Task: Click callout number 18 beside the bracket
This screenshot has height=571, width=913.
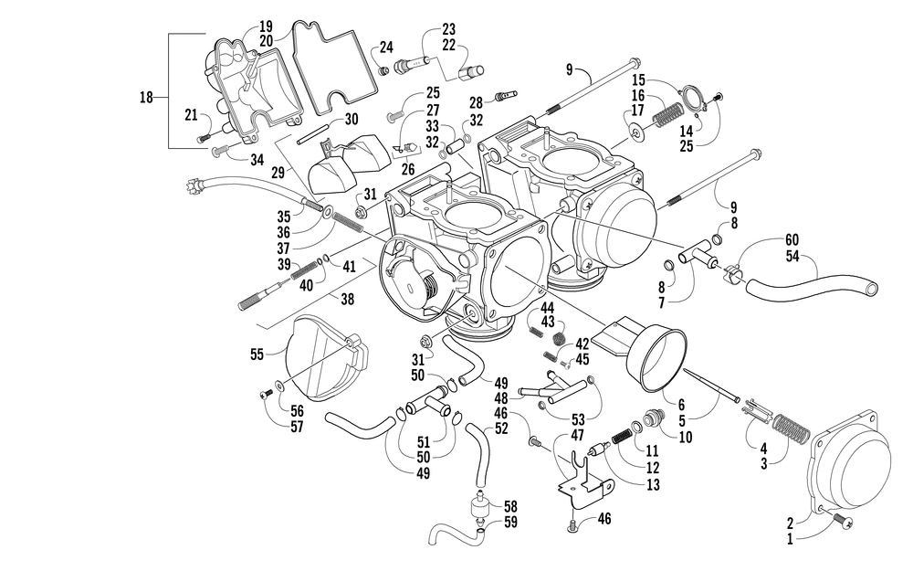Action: [x=146, y=98]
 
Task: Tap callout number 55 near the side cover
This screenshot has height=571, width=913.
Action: [x=257, y=354]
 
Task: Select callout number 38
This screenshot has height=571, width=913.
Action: [x=348, y=299]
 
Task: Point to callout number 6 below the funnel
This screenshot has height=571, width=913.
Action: [x=681, y=405]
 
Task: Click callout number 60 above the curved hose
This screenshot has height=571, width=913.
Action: [x=792, y=240]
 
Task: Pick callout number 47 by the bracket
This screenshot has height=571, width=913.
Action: [x=577, y=435]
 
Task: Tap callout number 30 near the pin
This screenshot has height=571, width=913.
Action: [x=352, y=120]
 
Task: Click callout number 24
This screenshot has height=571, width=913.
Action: [x=386, y=48]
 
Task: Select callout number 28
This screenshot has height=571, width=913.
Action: [x=477, y=103]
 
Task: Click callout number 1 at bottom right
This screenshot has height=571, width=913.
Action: [x=790, y=540]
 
